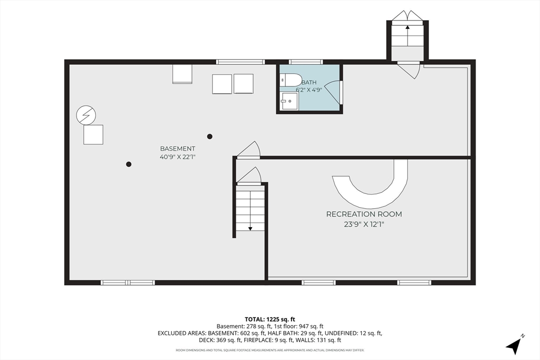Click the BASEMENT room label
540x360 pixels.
[x=177, y=149]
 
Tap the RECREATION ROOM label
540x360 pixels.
[x=364, y=214]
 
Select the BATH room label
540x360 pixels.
[x=309, y=83]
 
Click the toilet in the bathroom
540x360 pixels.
[x=291, y=81]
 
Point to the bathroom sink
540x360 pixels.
[x=290, y=101]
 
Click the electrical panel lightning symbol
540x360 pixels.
[x=86, y=115]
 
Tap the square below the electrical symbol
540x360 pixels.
[x=93, y=134]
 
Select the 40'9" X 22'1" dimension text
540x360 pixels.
[x=178, y=157]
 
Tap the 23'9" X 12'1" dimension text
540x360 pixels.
[x=364, y=225]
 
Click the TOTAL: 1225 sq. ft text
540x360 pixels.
[x=270, y=319]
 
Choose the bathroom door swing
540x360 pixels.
[x=333, y=92]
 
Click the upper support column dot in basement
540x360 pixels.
[x=209, y=137]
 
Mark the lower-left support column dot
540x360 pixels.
[x=129, y=164]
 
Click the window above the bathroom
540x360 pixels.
[x=306, y=62]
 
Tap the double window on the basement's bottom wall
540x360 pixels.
[x=128, y=283]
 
